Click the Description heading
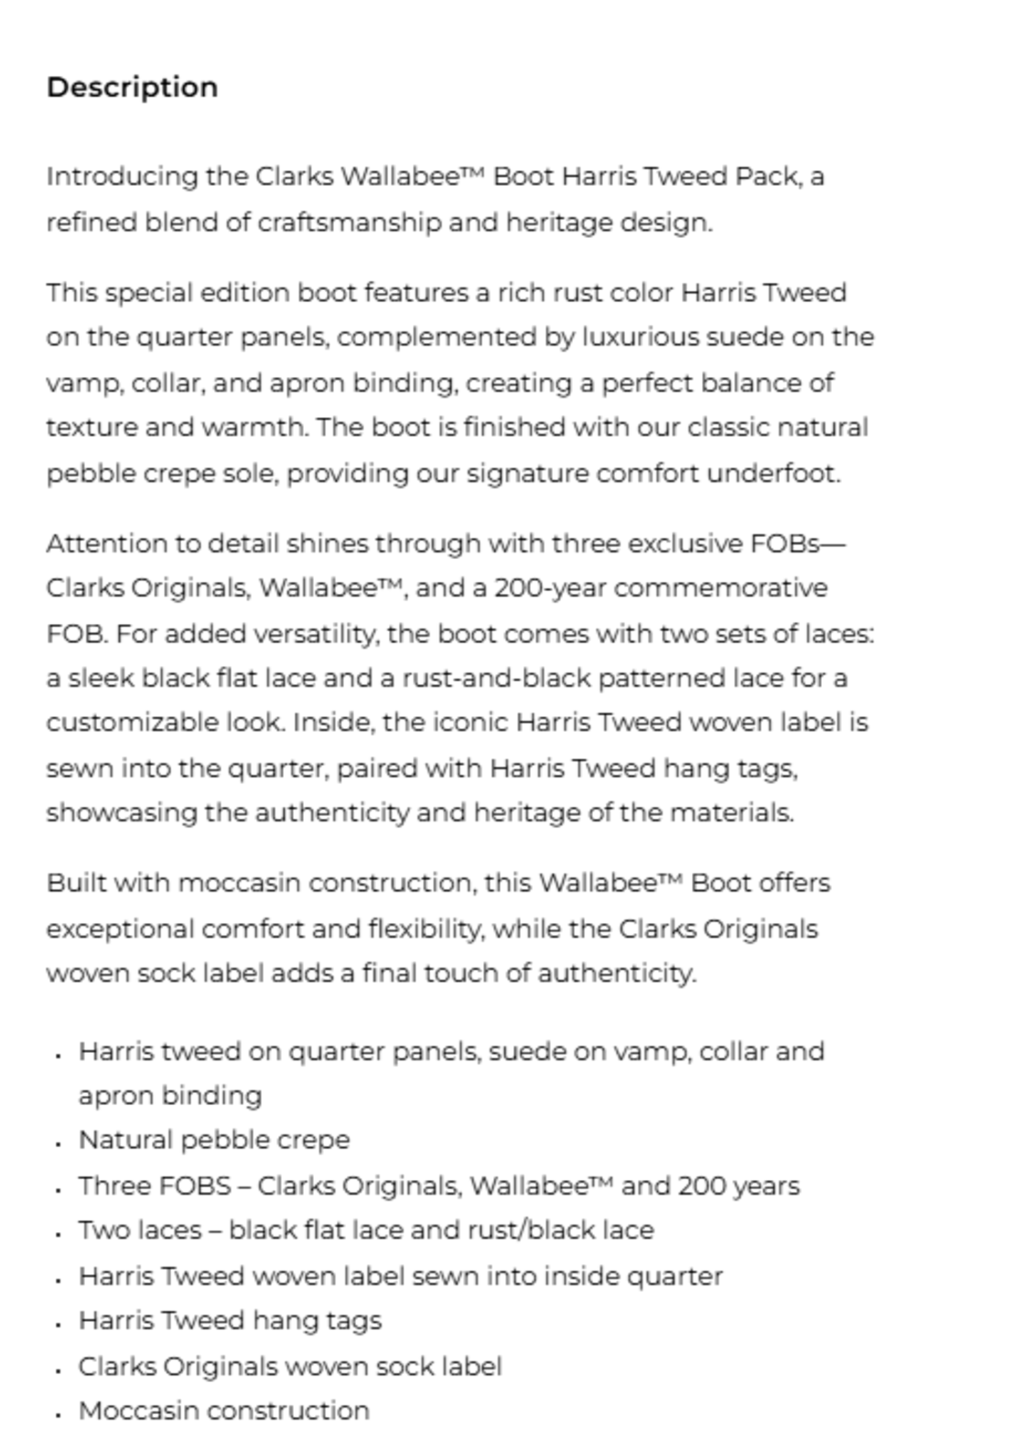click(132, 87)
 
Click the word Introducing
click(122, 177)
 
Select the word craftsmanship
click(349, 223)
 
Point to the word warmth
click(255, 427)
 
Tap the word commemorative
click(720, 588)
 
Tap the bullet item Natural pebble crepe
click(214, 1140)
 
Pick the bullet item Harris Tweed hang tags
click(230, 1321)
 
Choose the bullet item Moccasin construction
click(224, 1411)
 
